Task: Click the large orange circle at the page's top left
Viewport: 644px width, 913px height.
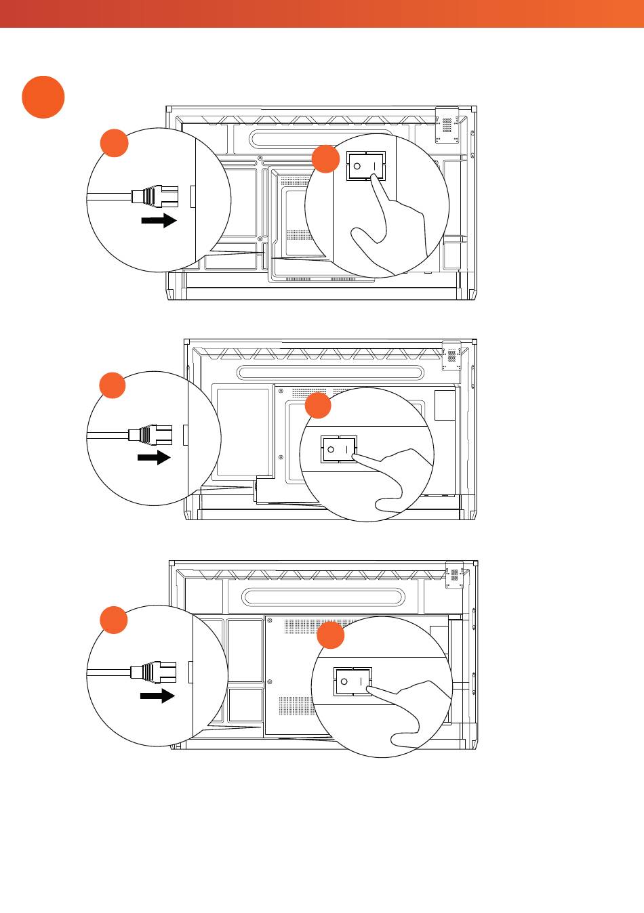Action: pos(43,98)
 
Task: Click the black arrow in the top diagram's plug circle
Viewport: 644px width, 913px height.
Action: pos(159,221)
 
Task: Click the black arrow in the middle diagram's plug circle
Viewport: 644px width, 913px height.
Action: pos(154,458)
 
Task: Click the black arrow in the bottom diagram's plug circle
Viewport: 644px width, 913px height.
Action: pos(157,696)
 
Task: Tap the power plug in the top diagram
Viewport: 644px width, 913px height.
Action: pos(153,198)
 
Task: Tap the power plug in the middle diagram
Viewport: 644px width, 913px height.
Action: pos(150,434)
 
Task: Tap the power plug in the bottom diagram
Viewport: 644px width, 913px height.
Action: pos(153,672)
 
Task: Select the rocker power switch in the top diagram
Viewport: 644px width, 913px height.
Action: pos(366,166)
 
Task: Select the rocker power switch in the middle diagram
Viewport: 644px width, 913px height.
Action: pos(338,449)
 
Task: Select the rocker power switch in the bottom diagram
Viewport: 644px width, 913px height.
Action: pos(353,681)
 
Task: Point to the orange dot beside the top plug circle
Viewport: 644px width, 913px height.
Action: pos(115,143)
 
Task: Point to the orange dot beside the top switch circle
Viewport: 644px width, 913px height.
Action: pos(325,159)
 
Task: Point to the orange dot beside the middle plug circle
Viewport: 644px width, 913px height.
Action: pos(113,385)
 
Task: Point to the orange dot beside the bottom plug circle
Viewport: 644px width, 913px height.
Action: pos(114,620)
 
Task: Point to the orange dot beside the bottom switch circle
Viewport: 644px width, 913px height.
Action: pos(331,636)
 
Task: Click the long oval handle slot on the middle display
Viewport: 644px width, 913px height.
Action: pos(332,373)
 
